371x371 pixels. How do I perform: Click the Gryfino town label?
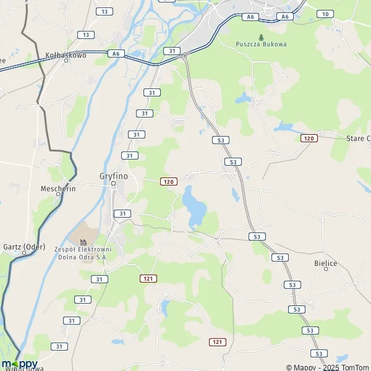[113, 175]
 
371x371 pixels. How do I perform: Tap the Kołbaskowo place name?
[66, 55]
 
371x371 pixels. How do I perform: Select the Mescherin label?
[58, 189]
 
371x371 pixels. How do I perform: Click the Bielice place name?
[326, 263]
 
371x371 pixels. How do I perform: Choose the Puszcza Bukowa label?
[261, 44]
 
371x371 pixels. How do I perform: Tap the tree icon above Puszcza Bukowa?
[261, 36]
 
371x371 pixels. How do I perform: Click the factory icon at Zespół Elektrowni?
[83, 242]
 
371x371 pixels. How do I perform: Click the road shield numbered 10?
[325, 14]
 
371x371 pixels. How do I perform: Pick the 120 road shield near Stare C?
[309, 138]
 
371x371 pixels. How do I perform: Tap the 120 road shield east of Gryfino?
[168, 181]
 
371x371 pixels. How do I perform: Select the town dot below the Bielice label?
[326, 270]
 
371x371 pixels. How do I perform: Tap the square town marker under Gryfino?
[113, 183]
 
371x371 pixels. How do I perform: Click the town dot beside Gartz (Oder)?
[25, 252]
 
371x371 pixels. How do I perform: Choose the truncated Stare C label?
[358, 138]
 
